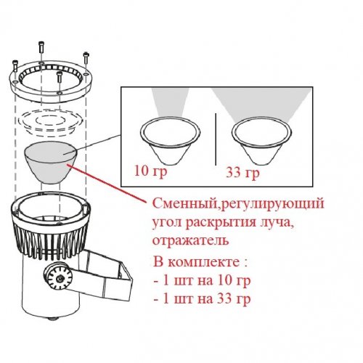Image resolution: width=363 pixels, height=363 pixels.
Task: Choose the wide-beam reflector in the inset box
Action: (x=261, y=138)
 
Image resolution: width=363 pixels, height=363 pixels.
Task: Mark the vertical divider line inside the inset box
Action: (x=215, y=139)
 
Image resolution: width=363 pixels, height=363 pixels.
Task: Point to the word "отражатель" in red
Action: (x=187, y=240)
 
